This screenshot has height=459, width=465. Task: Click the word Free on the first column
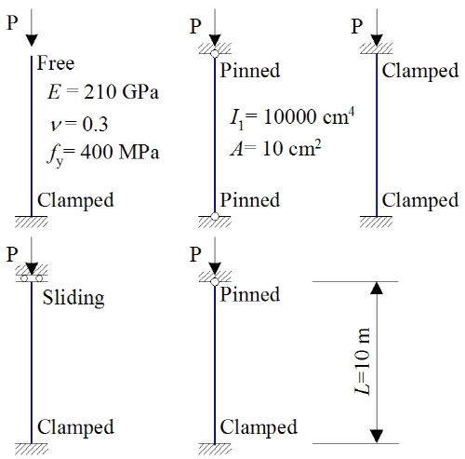56,63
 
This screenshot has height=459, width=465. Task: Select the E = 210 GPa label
103,92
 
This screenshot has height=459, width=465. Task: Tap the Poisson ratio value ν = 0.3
79,125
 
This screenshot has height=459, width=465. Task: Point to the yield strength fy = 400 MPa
103,154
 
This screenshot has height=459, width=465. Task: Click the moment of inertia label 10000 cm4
292,117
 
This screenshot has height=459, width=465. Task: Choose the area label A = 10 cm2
275,148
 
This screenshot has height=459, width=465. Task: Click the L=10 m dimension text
362,361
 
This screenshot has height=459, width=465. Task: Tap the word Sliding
73,298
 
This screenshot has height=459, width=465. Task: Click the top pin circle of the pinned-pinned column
215,54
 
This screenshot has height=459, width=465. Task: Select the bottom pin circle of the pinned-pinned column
215,216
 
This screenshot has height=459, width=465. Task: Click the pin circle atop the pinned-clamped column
215,281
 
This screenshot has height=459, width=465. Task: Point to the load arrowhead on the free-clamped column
32,40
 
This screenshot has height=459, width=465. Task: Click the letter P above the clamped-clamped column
357,26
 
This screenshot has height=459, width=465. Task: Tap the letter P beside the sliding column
12,254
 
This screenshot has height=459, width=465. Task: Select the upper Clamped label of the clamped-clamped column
420,71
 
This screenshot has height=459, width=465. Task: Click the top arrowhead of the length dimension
377,288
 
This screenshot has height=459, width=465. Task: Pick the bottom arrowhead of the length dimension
377,437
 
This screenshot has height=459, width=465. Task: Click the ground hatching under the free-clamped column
32,222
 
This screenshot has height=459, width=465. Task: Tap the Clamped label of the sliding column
75,427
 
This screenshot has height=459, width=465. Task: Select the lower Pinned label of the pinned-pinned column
250,200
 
